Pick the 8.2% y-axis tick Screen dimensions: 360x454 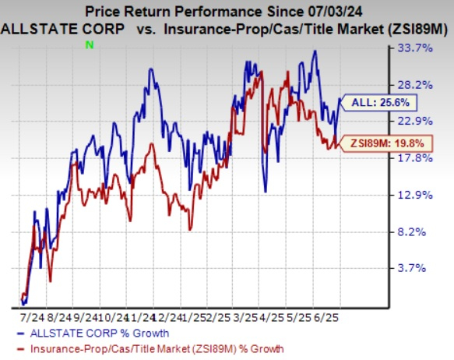[x=419, y=231]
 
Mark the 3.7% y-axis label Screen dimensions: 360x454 [x=419, y=268]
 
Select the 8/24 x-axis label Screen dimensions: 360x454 [x=58, y=319]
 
